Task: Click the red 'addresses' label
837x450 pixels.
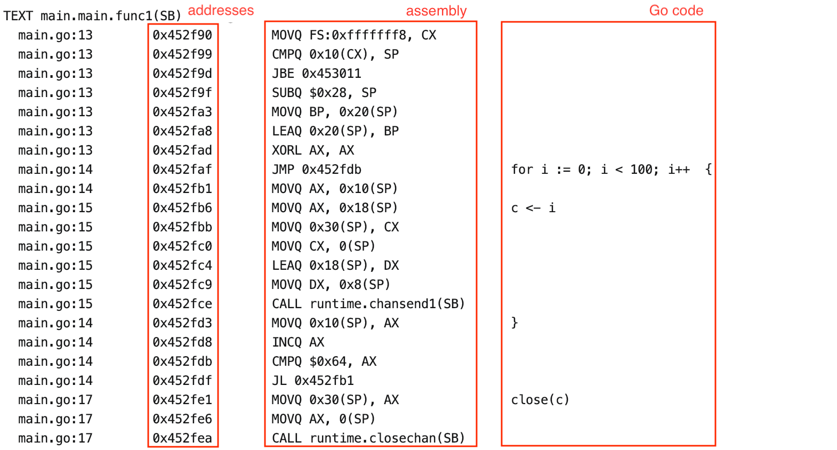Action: coord(221,10)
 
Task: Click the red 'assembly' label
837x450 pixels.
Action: coord(436,11)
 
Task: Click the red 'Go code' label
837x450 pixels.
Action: coord(676,11)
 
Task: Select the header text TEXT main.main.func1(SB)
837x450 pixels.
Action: coord(92,16)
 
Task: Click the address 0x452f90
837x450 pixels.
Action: coord(182,35)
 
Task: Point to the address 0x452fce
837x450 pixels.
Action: coord(182,304)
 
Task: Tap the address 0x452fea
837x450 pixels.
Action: coord(182,438)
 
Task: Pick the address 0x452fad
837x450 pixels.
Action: coord(182,150)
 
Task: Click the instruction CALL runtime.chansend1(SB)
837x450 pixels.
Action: coord(368,304)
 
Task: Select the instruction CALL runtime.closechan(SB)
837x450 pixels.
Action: coord(368,438)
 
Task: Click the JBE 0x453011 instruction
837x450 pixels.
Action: coord(317,74)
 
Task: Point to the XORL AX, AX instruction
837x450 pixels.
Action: coord(313,150)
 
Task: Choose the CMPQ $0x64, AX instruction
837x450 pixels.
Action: coord(324,361)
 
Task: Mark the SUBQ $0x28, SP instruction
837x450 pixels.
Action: coord(324,93)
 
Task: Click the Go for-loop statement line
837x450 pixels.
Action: coord(611,170)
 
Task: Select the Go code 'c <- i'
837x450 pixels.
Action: coord(533,208)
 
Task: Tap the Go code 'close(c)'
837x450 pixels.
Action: coord(540,400)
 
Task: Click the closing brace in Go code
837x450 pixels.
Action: coord(514,323)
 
